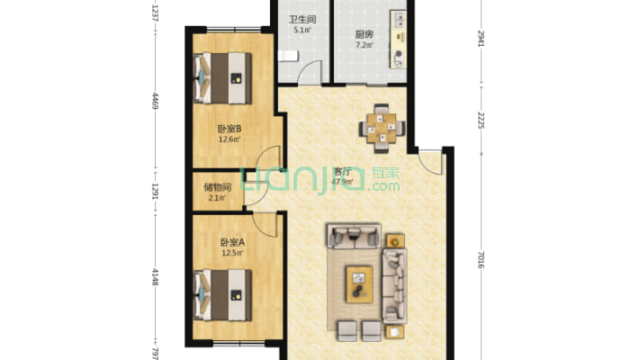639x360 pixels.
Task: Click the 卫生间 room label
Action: (x=302, y=19)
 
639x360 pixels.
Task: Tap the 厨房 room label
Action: (x=364, y=34)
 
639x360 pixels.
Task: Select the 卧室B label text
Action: (x=229, y=129)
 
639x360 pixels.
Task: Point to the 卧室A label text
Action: (x=232, y=243)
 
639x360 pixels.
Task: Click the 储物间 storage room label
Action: (x=217, y=187)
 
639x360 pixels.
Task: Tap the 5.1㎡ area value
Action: (x=302, y=30)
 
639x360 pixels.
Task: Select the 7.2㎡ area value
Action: (x=364, y=45)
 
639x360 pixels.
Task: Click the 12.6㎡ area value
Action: (x=229, y=139)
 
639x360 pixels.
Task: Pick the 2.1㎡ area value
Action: (x=217, y=198)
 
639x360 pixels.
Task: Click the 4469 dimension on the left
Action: (x=155, y=101)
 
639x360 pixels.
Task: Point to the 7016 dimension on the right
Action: (x=481, y=260)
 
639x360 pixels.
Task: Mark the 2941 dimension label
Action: (x=481, y=39)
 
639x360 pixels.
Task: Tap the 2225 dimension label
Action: (x=481, y=120)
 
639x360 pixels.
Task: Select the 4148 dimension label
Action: (x=155, y=276)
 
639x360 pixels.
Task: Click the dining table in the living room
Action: (x=382, y=128)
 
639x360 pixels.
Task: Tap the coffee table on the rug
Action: (x=359, y=284)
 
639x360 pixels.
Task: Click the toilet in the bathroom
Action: (x=288, y=56)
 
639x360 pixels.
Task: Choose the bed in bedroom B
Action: (x=222, y=78)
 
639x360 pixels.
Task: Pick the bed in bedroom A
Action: (x=222, y=295)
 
